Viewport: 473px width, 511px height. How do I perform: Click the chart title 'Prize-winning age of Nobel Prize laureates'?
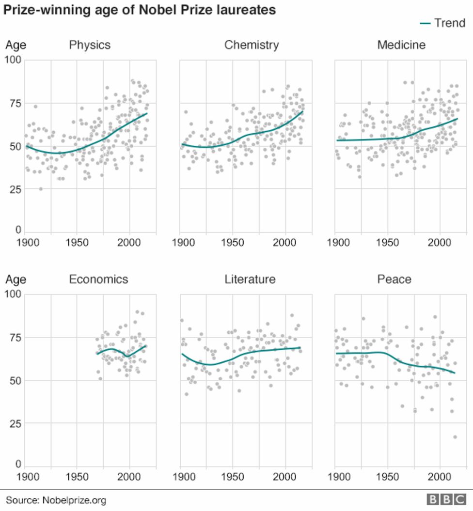pos(140,10)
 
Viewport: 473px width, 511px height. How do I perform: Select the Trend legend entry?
pos(442,23)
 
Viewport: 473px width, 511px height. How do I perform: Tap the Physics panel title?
pos(90,46)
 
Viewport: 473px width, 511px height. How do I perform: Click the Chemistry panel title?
pos(251,46)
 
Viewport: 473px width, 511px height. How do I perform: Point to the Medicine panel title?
pos(401,46)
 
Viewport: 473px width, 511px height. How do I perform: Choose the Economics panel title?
pos(98,279)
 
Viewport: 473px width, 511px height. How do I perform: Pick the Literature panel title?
pos(250,279)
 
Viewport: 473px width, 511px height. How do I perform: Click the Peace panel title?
pos(394,279)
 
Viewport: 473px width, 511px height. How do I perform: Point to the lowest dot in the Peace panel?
pos(455,437)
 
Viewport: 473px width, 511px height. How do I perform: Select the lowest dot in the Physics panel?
pos(41,189)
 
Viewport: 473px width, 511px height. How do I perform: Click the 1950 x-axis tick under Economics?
pos(77,477)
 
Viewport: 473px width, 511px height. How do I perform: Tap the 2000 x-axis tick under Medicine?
pos(439,242)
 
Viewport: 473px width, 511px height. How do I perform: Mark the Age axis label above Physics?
pos(16,46)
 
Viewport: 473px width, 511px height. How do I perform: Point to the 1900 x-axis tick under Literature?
pos(181,477)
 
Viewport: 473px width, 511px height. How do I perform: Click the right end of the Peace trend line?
pos(455,373)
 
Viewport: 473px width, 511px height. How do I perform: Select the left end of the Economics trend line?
pos(97,354)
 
